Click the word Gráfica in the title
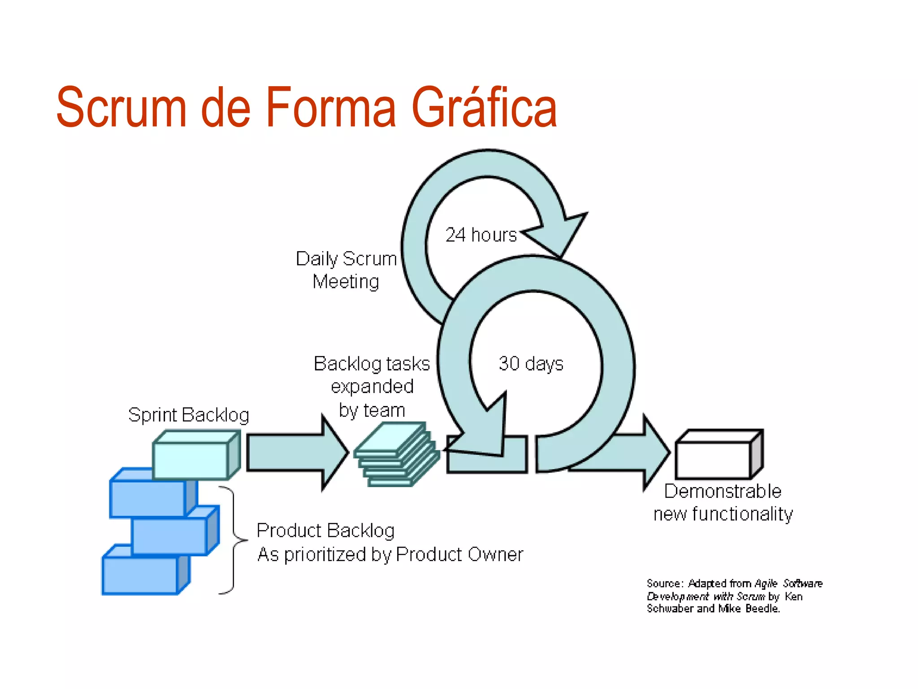tap(484, 108)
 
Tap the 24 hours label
tap(481, 235)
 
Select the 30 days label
tap(531, 363)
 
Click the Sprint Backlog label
tap(188, 415)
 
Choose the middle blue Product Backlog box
tap(170, 536)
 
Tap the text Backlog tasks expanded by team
tap(372, 387)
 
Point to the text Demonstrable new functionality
tap(723, 502)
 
